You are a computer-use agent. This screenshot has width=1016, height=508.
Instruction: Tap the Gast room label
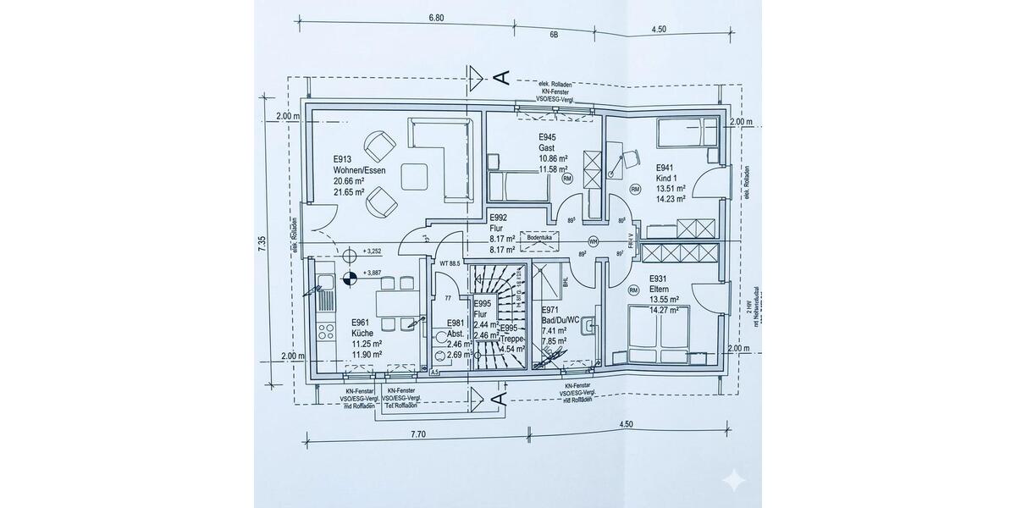point(547,147)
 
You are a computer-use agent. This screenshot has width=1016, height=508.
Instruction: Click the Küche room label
point(363,334)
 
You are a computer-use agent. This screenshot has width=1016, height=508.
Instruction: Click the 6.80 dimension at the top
point(437,17)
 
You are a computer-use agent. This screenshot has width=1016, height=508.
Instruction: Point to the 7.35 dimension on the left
point(262,240)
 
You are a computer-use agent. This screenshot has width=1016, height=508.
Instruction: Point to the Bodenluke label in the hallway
point(540,239)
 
